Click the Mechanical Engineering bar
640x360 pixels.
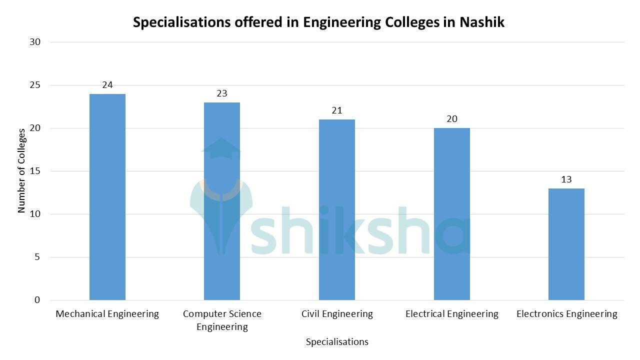click(107, 197)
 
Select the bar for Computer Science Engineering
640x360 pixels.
click(222, 201)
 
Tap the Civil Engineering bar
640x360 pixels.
click(337, 210)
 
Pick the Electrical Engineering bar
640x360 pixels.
click(451, 214)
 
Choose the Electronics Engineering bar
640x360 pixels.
click(566, 244)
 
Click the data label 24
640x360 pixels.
click(107, 85)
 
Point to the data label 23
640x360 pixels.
click(222, 93)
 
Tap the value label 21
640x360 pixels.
click(337, 110)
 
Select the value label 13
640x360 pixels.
click(566, 179)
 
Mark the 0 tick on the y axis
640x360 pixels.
click(37, 300)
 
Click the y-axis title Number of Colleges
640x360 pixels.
click(21, 171)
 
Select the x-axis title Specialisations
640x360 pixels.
click(337, 342)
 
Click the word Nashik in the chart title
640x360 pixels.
click(482, 22)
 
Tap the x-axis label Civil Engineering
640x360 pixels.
click(337, 314)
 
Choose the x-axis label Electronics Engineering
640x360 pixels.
click(566, 314)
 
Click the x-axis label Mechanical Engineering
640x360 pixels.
click(107, 314)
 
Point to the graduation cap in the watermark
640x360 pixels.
click(221, 148)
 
